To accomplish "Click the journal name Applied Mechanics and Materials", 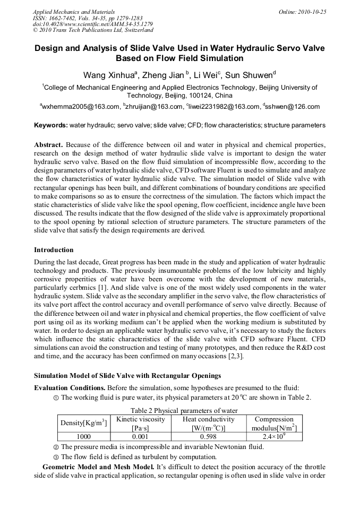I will [74, 12].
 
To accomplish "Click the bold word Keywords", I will [50, 126].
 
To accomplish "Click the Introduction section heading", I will [54, 249].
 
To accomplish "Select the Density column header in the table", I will [84, 423].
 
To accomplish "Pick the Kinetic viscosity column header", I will [141, 423].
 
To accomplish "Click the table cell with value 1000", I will [84, 436].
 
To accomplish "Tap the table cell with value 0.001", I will [141, 436].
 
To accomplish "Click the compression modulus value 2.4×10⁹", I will [274, 436].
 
